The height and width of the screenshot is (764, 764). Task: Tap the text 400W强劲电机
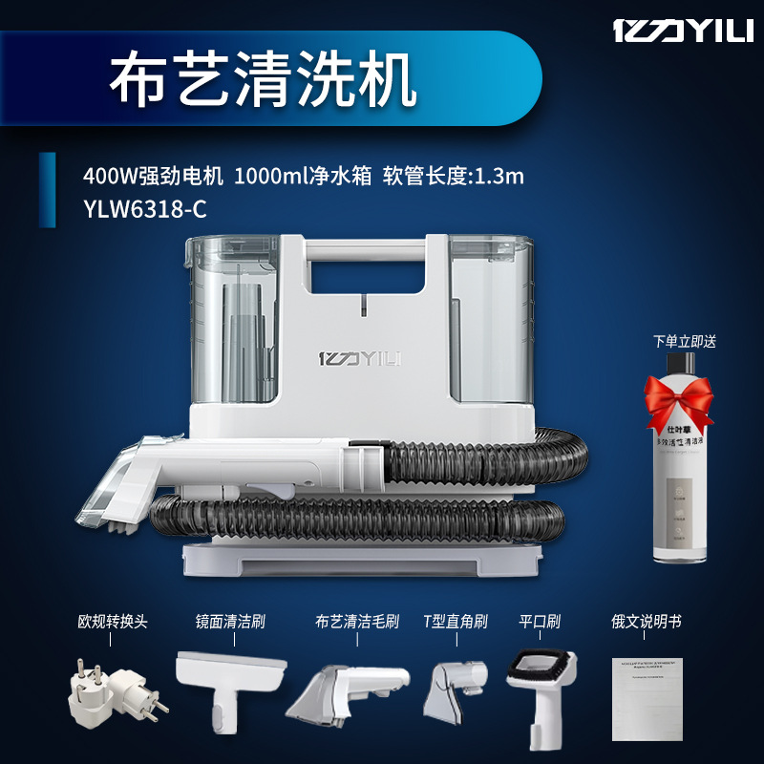coord(154,177)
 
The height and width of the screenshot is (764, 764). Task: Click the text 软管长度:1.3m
coord(454,177)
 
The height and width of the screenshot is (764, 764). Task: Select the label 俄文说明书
coord(647,622)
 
